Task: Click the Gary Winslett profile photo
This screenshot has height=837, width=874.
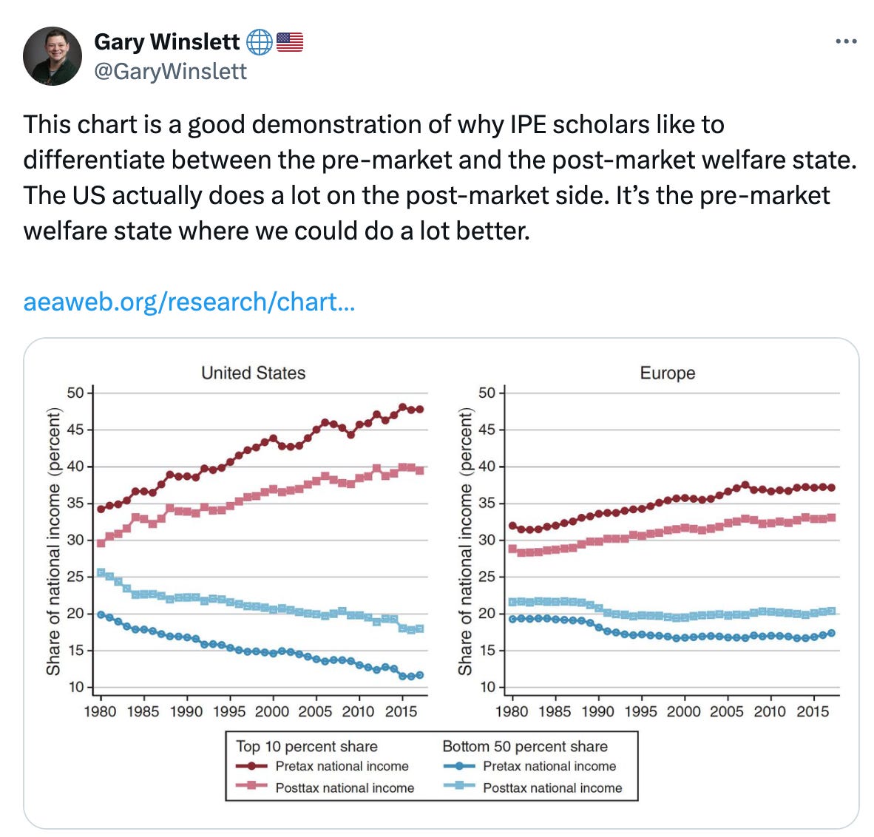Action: click(52, 55)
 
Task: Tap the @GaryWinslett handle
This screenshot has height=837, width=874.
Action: click(171, 71)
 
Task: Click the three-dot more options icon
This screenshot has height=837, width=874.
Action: click(845, 41)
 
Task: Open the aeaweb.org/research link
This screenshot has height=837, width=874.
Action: click(189, 302)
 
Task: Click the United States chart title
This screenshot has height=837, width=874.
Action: click(253, 373)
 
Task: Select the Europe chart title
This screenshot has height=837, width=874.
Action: click(667, 373)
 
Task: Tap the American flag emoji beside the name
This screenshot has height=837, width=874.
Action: click(290, 42)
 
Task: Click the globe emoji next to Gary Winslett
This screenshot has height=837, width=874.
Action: click(259, 42)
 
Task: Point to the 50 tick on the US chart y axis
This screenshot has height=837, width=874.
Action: click(75, 393)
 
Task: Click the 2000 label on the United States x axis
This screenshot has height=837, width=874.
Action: click(272, 711)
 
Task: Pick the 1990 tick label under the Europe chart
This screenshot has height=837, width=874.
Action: click(597, 711)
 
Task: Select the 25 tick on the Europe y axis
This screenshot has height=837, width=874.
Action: click(487, 577)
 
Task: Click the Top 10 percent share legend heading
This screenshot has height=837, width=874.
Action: click(306, 746)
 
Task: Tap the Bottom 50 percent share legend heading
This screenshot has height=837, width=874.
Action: click(524, 746)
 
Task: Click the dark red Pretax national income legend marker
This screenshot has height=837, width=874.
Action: click(251, 767)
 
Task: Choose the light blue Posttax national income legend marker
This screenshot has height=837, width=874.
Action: click(458, 787)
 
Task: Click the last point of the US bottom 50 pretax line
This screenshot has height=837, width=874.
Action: click(420, 675)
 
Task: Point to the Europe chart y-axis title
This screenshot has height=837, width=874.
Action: click(465, 541)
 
